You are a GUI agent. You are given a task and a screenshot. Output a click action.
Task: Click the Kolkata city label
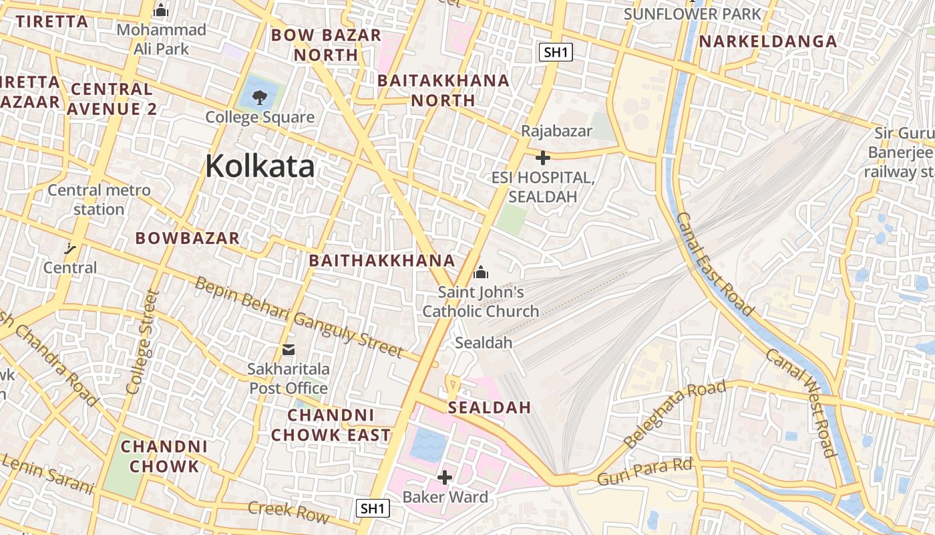pyautogui.click(x=260, y=165)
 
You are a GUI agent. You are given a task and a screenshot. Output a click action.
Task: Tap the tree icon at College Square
pyautogui.click(x=259, y=98)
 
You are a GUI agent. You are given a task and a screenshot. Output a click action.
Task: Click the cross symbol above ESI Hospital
pyautogui.click(x=543, y=158)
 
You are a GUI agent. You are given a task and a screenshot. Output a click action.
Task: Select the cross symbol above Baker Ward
pyautogui.click(x=445, y=477)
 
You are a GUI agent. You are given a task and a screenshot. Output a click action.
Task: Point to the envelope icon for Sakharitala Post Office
pyautogui.click(x=289, y=349)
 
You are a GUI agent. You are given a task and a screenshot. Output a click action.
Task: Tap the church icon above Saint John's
pyautogui.click(x=480, y=272)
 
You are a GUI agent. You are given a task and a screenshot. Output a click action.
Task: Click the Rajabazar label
pyautogui.click(x=556, y=131)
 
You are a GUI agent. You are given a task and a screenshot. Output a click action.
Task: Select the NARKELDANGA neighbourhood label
pyautogui.click(x=767, y=41)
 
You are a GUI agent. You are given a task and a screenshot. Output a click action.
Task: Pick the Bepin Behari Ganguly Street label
pyautogui.click(x=299, y=317)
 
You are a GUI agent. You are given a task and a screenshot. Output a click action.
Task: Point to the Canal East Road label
pyautogui.click(x=715, y=264)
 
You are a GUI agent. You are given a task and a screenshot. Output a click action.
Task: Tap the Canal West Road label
pyautogui.click(x=801, y=403)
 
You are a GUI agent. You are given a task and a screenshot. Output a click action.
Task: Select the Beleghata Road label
pyautogui.click(x=673, y=414)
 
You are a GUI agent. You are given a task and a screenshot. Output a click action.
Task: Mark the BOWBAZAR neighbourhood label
pyautogui.click(x=187, y=238)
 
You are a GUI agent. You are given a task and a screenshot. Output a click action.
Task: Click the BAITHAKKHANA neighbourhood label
pyautogui.click(x=382, y=261)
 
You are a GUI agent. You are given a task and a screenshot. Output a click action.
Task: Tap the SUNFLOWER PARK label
pyautogui.click(x=692, y=13)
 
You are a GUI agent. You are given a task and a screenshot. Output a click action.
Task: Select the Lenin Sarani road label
pyautogui.click(x=47, y=473)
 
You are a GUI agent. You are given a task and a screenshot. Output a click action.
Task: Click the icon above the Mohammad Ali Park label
pyautogui.click(x=161, y=11)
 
